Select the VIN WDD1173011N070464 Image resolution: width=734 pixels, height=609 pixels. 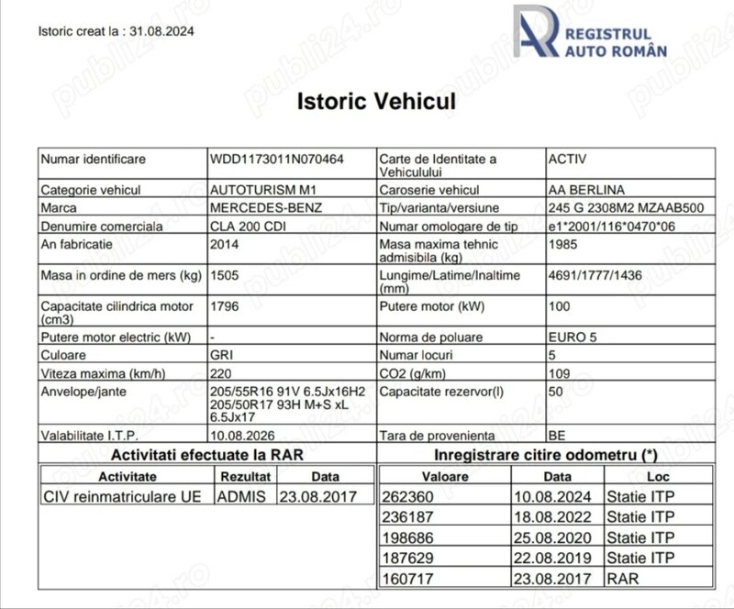pos(277,160)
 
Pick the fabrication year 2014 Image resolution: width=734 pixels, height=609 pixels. pos(224,246)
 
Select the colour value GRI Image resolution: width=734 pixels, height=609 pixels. pos(222,354)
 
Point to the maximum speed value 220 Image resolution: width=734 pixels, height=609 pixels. pos(221,372)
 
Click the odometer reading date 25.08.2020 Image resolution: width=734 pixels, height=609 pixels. pos(547,537)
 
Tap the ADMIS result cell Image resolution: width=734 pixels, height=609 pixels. pos(240,496)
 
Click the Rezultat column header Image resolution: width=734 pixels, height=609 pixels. pos(245,477)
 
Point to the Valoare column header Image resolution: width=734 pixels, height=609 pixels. pos(445,477)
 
